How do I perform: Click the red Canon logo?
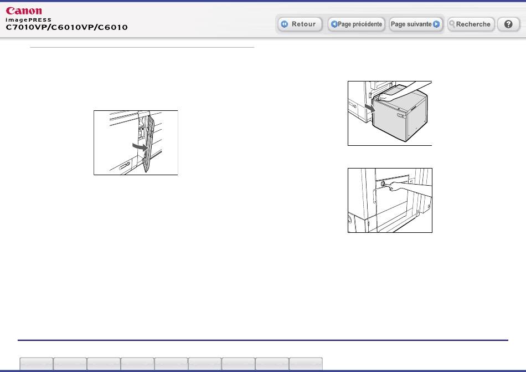24,11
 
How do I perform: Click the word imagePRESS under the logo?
28,20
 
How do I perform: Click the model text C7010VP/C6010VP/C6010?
67,27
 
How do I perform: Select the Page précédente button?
356,24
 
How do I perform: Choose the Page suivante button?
415,24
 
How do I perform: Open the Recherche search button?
471,24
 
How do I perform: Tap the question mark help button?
508,24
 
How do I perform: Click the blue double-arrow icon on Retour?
285,24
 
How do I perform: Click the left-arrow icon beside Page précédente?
334,24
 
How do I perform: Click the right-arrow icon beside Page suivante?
436,24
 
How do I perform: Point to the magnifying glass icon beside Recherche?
452,24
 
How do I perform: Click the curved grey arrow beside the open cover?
140,147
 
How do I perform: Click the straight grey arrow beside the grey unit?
370,108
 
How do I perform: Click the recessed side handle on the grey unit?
401,116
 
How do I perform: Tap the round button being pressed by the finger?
383,184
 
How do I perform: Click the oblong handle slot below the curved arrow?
125,166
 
